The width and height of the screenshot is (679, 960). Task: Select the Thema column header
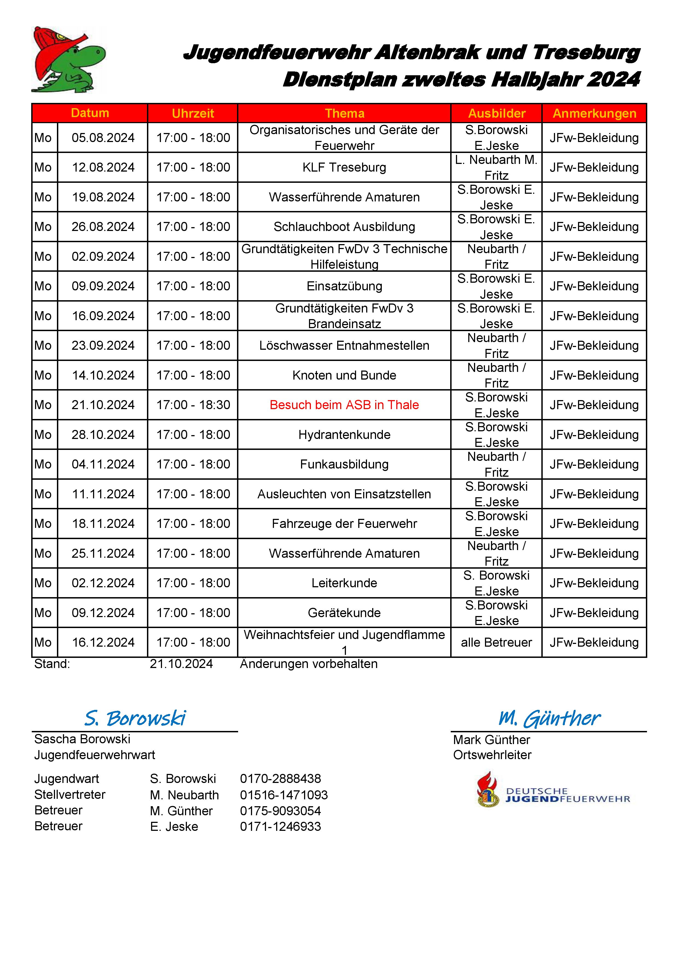click(345, 113)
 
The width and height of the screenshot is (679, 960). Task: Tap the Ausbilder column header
click(497, 113)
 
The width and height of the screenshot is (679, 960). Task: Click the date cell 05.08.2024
click(103, 138)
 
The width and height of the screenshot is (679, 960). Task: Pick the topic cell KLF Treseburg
click(345, 167)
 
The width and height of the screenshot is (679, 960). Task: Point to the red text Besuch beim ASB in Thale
click(345, 405)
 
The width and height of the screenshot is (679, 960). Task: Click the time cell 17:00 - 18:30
click(193, 405)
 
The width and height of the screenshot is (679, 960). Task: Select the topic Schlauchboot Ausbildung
click(345, 227)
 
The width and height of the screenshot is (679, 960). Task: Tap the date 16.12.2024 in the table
click(103, 642)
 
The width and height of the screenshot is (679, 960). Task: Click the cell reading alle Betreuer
click(497, 642)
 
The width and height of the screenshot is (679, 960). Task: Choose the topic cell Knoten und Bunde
click(345, 375)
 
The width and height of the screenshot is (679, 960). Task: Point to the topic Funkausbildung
click(345, 464)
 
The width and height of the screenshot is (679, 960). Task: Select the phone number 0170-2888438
click(281, 779)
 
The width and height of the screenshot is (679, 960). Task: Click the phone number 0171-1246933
click(281, 826)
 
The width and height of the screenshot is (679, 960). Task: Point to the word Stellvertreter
click(70, 794)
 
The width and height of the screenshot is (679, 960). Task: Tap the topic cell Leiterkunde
click(345, 583)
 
